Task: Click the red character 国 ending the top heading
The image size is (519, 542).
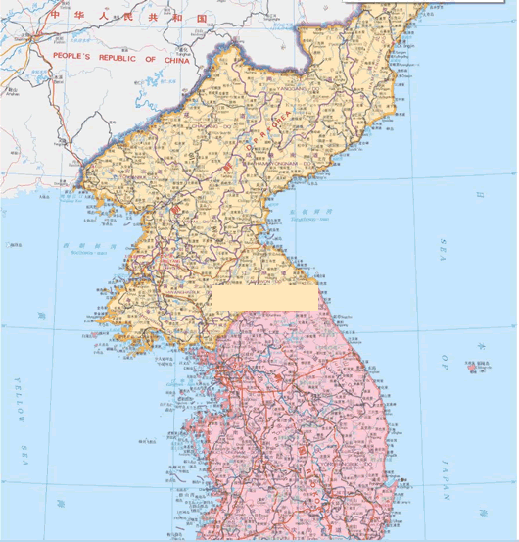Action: pyautogui.click(x=202, y=18)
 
